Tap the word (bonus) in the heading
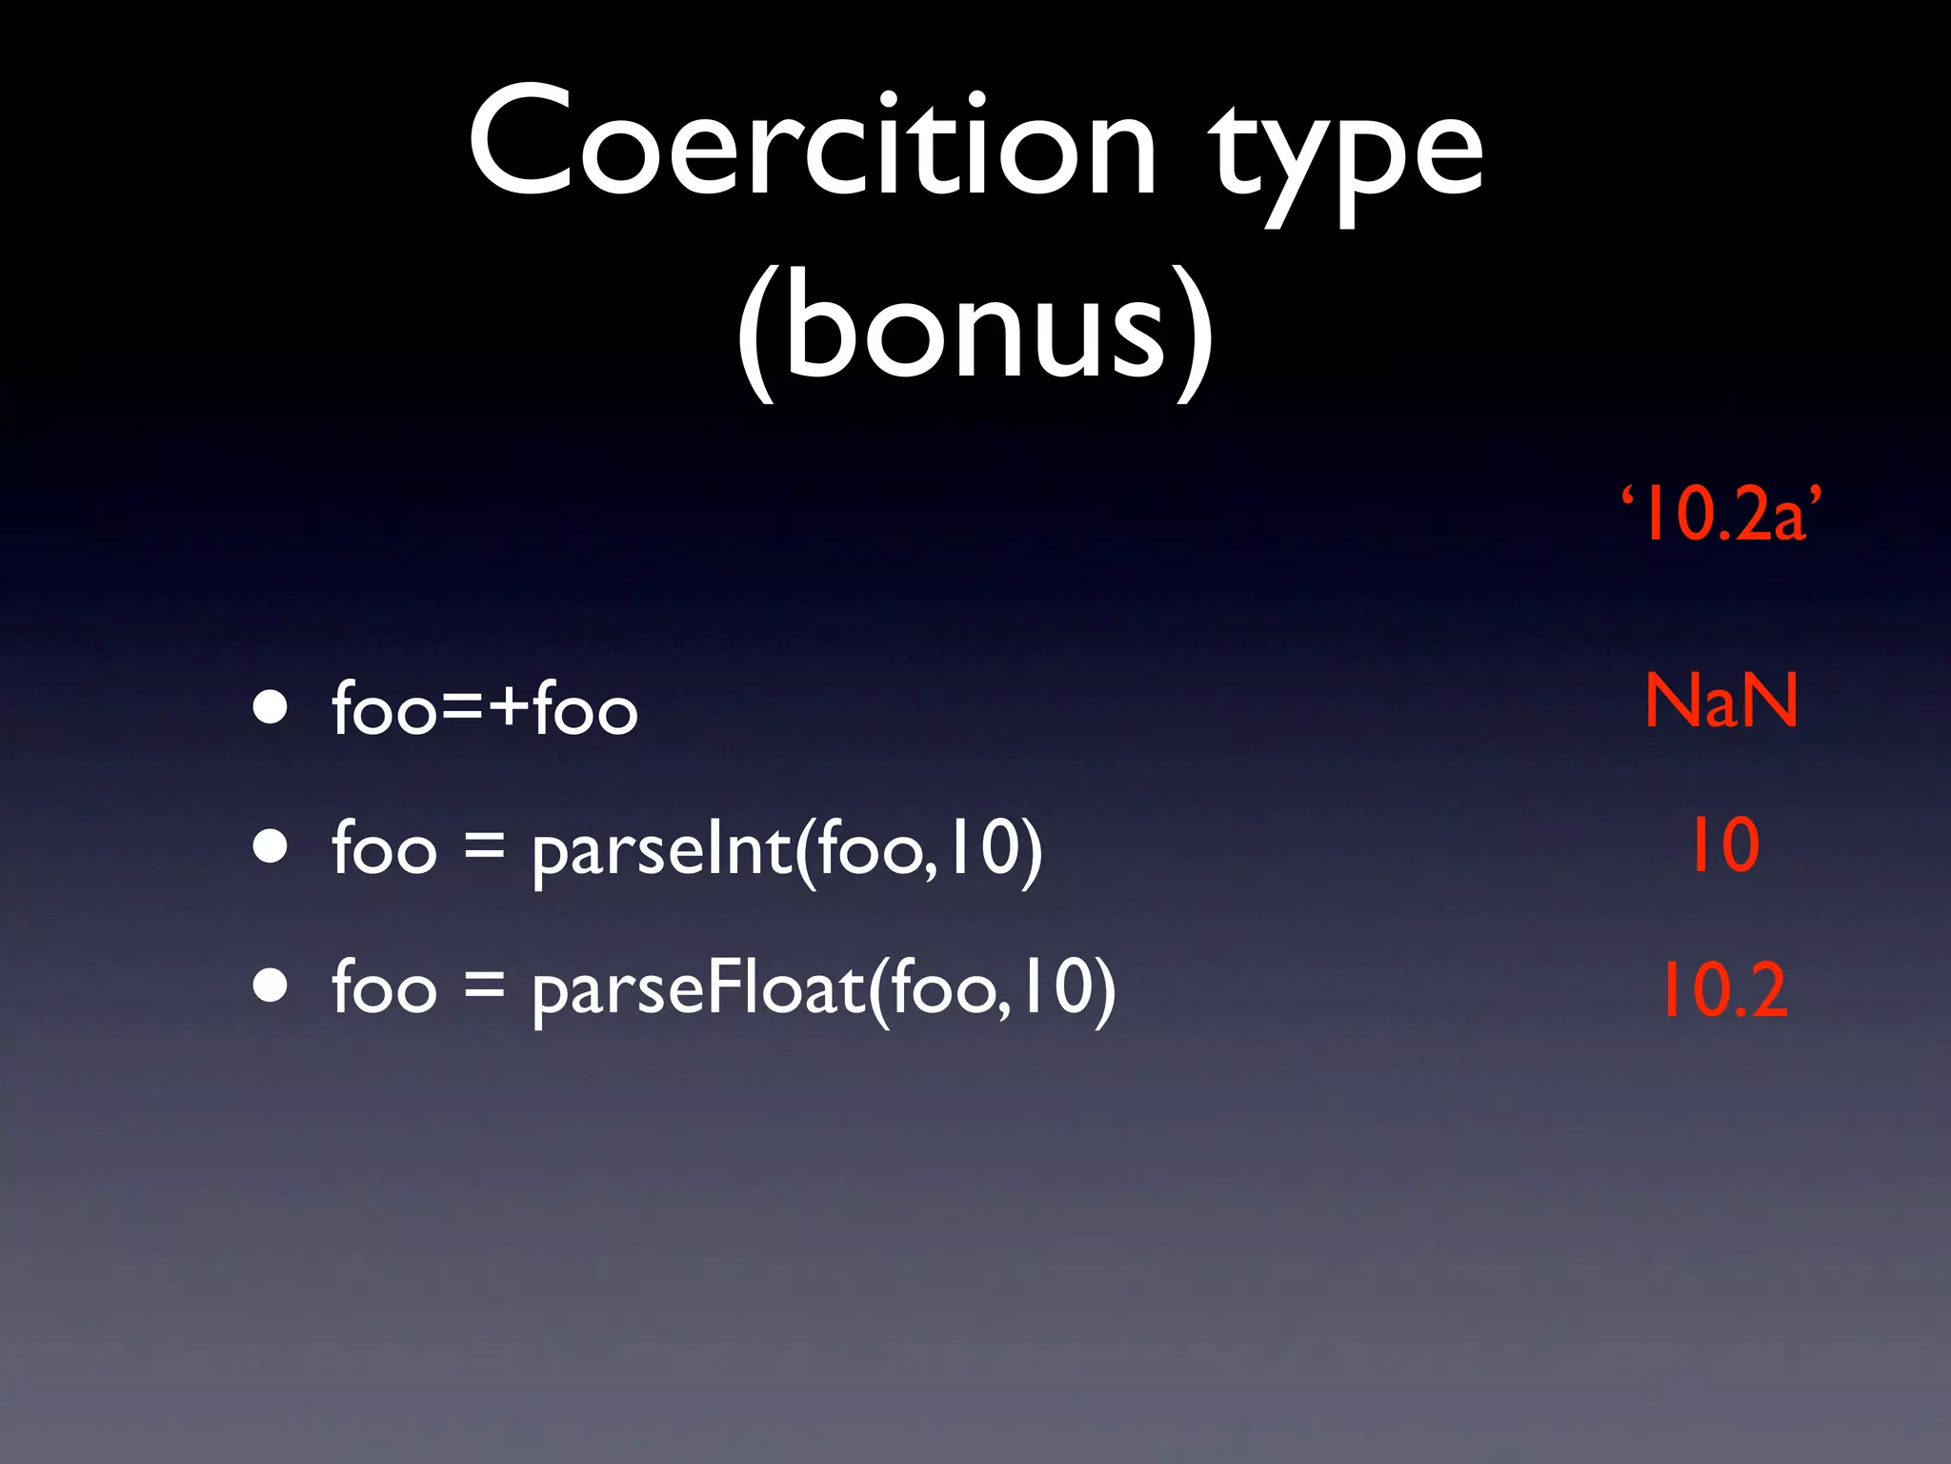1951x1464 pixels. [975, 329]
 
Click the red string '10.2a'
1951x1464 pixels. [1721, 515]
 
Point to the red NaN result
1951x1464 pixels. [1721, 701]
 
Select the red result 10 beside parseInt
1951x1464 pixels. [1723, 844]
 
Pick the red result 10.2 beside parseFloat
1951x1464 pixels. [1723, 990]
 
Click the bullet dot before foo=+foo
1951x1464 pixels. [271, 707]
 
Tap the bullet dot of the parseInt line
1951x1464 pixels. [271, 846]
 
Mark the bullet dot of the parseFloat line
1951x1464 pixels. [271, 986]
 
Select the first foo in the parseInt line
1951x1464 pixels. [384, 848]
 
